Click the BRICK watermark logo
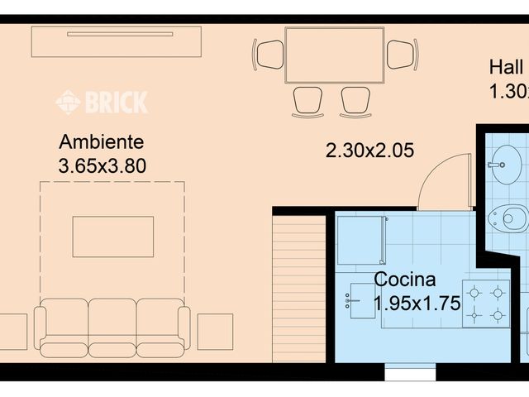tap(102, 102)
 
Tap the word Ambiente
tap(102, 142)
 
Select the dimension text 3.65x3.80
tap(102, 165)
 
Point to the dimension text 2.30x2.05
tap(369, 151)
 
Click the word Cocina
tap(405, 280)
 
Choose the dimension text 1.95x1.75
tap(416, 303)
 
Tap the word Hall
tap(506, 67)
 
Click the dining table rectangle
tap(335, 55)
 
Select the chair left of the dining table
tap(269, 55)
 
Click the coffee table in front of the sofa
tap(112, 237)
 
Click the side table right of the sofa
tap(215, 331)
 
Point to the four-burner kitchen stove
tap(486, 304)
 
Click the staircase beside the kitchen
tap(299, 289)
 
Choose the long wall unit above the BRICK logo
tap(117, 39)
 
